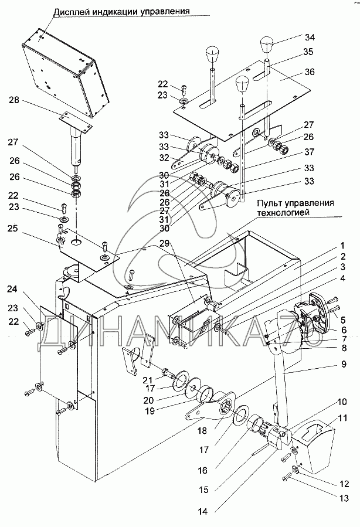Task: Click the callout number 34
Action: point(310,38)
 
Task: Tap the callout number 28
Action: point(12,101)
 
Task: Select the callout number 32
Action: point(164,158)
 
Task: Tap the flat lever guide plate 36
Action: point(246,100)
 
